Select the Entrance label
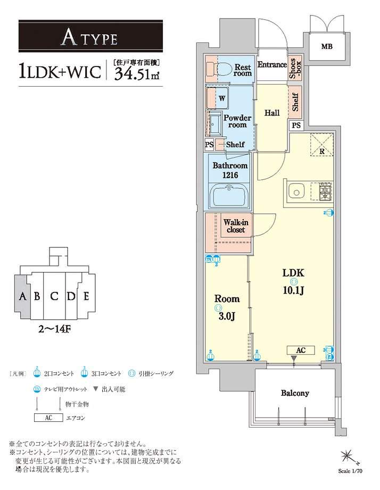(272, 65)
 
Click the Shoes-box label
(295, 68)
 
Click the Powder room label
(237, 121)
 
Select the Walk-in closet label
(234, 226)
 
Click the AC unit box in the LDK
(300, 350)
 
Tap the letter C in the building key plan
(54, 296)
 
